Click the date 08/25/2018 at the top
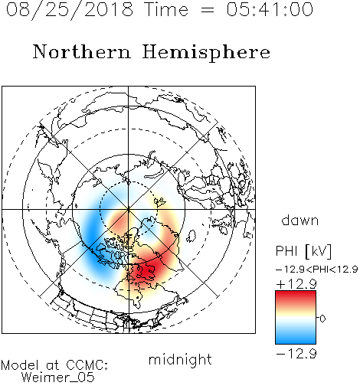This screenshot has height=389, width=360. point(70,10)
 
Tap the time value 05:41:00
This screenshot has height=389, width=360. point(270,9)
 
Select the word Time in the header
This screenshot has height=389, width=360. point(166,9)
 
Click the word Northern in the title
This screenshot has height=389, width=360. point(82,51)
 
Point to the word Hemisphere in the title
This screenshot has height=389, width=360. point(206,53)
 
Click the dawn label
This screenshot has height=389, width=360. point(300,220)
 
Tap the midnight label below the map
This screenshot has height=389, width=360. point(180,360)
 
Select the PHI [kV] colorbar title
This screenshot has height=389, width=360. point(303,251)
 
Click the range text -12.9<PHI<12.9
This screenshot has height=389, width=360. point(316,270)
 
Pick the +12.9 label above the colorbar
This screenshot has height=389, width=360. point(296,284)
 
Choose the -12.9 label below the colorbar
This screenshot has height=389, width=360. point(296,354)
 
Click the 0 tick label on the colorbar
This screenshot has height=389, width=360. point(322,319)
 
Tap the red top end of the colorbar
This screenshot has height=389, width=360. point(296,293)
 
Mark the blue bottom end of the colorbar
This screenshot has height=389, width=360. point(296,342)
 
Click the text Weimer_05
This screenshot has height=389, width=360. point(58,378)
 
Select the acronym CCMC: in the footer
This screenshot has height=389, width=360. point(87,365)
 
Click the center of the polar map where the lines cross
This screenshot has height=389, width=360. point(129,209)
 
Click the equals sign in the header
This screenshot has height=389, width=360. point(208,10)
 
